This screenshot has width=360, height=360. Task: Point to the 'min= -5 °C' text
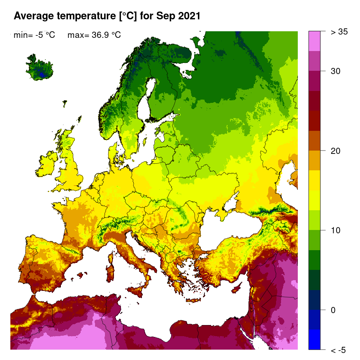tap(35, 35)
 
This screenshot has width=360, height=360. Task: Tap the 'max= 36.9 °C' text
tap(94, 35)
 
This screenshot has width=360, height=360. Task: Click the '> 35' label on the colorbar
tap(339, 32)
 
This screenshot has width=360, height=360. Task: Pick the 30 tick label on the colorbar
tap(336, 71)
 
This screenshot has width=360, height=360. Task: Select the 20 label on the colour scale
tap(336, 151)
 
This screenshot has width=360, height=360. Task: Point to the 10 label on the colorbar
tap(336, 230)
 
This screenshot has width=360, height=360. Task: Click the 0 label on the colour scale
tap(333, 310)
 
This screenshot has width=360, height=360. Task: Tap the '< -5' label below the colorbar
tap(338, 350)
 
